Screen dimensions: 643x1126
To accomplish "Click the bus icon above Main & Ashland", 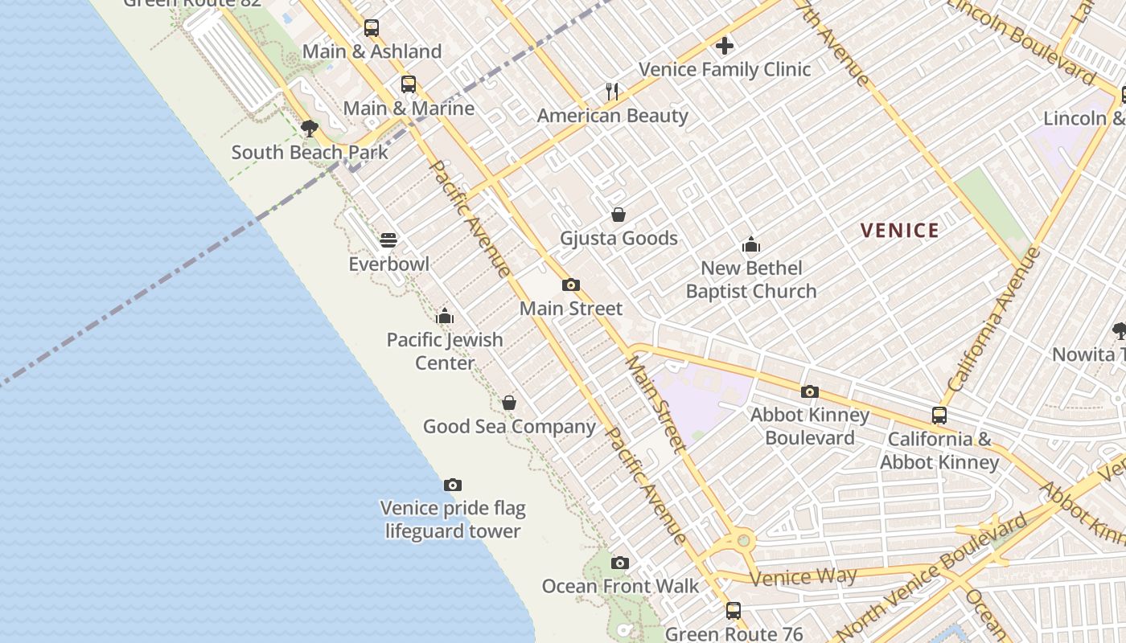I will click(x=371, y=28).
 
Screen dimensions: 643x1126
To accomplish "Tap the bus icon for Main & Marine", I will click(x=409, y=84).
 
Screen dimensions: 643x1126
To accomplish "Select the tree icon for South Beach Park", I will click(x=309, y=129).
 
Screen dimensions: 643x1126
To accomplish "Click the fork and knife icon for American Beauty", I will click(x=612, y=92).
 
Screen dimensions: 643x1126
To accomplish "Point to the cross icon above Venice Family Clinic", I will click(x=725, y=46).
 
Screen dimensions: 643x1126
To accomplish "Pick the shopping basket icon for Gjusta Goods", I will click(x=618, y=215).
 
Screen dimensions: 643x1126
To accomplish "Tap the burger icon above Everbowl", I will click(x=388, y=240).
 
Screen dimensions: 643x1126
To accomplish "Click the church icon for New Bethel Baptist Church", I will click(x=751, y=244).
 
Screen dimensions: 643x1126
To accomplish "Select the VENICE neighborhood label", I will click(x=900, y=231).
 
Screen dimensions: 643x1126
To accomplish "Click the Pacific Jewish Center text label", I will click(x=445, y=351).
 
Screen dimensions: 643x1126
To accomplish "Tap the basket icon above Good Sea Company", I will click(x=509, y=403).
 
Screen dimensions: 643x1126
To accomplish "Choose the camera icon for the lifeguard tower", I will click(x=453, y=485).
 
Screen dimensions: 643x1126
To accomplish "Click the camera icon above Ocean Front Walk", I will click(x=620, y=563).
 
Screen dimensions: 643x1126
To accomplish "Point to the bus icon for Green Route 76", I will click(x=733, y=611).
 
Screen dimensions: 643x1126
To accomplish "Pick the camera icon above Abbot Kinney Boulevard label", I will click(x=810, y=392).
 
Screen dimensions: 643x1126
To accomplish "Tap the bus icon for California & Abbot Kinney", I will click(x=939, y=416).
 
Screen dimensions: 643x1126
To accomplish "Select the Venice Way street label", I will click(x=791, y=576).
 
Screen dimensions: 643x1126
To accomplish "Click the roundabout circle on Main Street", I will click(x=743, y=540).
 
